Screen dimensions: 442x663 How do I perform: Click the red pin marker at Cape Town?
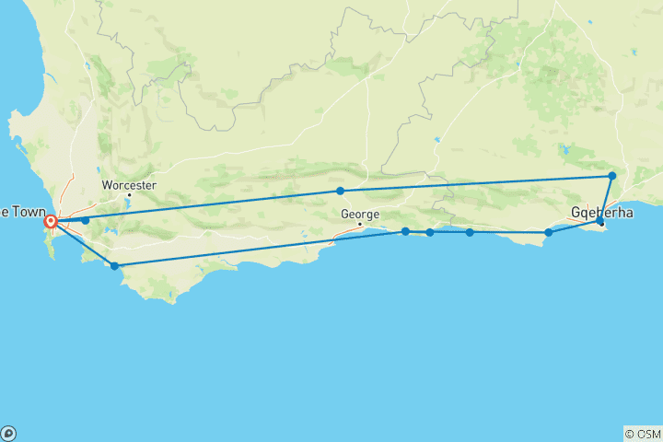coord(52,221)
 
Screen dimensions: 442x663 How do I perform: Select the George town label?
coord(359,214)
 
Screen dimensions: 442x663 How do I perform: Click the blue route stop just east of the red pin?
coord(86,220)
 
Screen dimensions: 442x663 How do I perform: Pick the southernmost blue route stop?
coord(114,266)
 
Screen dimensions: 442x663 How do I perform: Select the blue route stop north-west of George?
coord(341,191)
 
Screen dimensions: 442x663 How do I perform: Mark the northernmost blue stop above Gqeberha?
coord(611,175)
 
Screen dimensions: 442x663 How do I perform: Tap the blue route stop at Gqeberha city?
coord(599,221)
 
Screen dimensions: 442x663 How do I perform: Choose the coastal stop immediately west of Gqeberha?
coord(549,232)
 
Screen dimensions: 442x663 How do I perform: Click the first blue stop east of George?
coord(405,231)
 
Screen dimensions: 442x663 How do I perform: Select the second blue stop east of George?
coord(430,232)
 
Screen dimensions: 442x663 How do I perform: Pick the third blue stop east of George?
coord(470,232)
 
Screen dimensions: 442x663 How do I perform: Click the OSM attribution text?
coord(643,433)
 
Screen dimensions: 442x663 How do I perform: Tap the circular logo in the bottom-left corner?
coord(8,433)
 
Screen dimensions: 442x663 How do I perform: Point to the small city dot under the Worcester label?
coord(129,194)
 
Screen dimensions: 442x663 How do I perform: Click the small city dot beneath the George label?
coord(360,224)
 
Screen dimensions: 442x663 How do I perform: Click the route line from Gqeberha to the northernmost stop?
coord(606,197)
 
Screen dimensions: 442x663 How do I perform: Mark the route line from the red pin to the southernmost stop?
coord(83,243)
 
